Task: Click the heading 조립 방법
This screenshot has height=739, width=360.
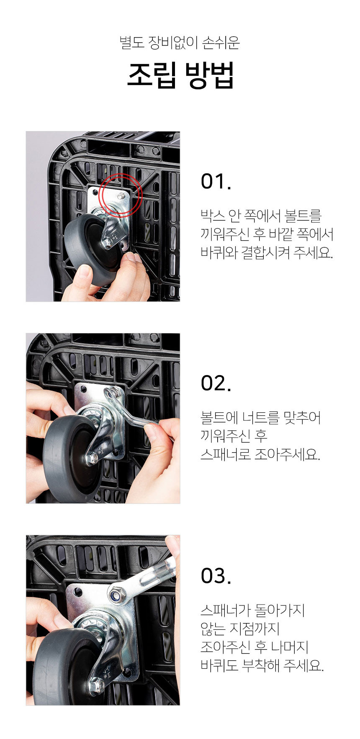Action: point(180,75)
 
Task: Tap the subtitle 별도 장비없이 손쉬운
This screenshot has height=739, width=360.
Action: point(180,43)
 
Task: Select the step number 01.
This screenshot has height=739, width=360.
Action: point(216,181)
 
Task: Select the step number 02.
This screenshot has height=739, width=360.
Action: point(216,383)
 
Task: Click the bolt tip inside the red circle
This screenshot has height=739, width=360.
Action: point(121,195)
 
